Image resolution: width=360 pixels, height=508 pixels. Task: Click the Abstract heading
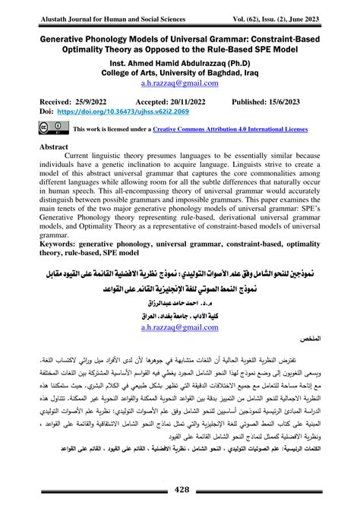(60, 147)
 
